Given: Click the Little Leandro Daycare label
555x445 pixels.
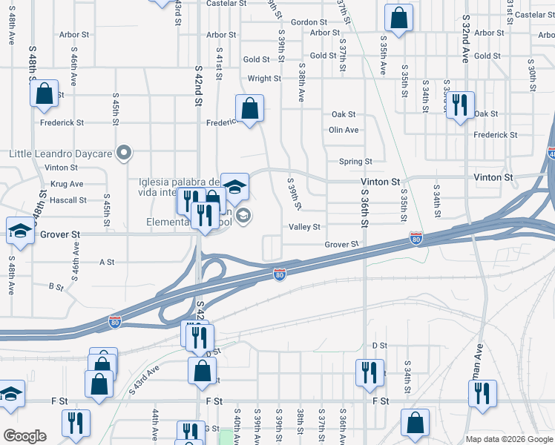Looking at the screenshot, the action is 60,154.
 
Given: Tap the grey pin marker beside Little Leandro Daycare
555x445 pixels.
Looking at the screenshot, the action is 125,154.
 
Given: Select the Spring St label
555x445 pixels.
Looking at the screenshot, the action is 355,162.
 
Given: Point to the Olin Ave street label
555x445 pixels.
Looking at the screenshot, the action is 344,130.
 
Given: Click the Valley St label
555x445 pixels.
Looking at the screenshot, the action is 304,227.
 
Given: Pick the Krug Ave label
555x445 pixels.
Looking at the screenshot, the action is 67,184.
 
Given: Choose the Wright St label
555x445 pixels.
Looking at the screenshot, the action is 264,79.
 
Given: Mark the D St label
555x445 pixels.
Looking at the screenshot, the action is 380,346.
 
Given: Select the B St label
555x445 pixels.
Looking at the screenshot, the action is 56,286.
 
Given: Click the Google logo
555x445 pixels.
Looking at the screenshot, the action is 24,436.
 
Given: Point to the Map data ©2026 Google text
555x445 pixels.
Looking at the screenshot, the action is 509,439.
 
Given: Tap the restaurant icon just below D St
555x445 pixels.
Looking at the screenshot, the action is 370,373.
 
